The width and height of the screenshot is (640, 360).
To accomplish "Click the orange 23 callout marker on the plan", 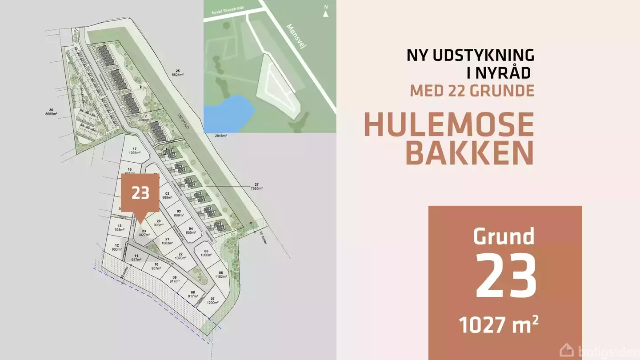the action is click(x=140, y=193).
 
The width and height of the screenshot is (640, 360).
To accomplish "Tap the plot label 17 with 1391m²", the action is click(x=135, y=151).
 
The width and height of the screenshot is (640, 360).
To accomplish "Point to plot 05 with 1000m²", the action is click(x=206, y=253).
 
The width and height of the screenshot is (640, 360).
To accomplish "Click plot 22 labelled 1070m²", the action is click(x=180, y=256).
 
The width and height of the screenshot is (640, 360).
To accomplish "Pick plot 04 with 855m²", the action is click(x=190, y=230).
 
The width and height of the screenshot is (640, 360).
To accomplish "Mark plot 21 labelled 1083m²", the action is click(x=167, y=241).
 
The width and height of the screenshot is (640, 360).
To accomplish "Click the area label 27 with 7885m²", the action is click(x=256, y=186).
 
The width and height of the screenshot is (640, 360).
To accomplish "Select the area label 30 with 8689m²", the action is click(x=51, y=112).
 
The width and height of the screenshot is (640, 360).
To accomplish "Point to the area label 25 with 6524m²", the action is click(x=177, y=73).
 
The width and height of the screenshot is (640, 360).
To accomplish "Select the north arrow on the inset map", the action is click(x=326, y=11).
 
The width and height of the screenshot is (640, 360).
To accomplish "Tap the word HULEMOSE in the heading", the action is click(x=449, y=125).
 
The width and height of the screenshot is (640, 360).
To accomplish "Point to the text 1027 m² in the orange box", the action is click(x=499, y=326).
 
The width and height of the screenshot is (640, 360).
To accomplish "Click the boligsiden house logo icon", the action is click(x=566, y=351).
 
